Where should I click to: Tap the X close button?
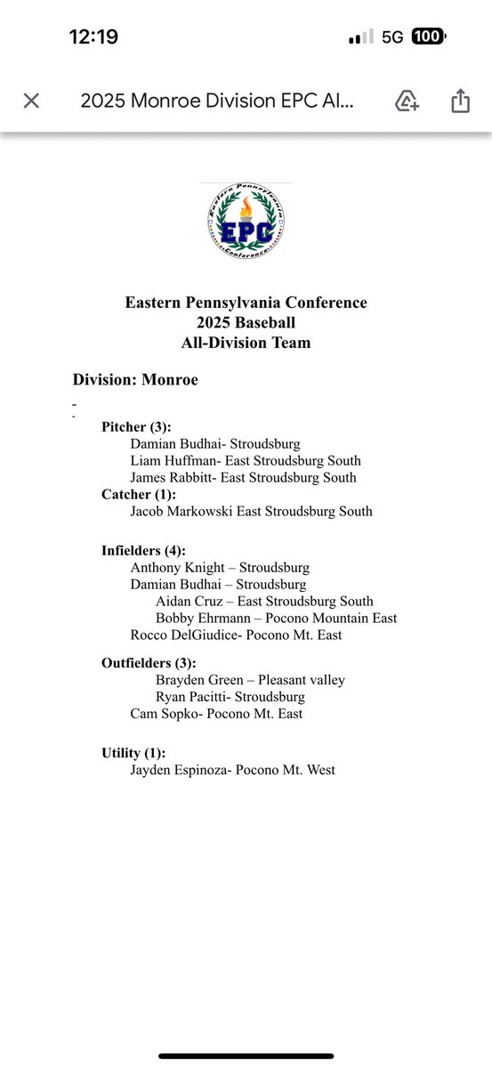[31, 101]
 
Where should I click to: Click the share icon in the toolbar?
[460, 101]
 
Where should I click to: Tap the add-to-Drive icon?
[407, 101]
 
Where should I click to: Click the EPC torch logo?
[246, 221]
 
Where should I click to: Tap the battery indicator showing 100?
[428, 36]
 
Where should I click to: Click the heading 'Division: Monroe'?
[135, 380]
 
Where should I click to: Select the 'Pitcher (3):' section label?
[136, 426]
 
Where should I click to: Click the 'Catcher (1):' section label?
[139, 494]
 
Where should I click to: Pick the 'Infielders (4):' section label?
[143, 551]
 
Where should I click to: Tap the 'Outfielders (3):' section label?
[148, 663]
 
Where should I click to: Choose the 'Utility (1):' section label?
[133, 754]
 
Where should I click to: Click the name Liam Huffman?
[170, 460]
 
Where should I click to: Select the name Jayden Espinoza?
[177, 771]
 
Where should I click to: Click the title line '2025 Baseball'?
[246, 322]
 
